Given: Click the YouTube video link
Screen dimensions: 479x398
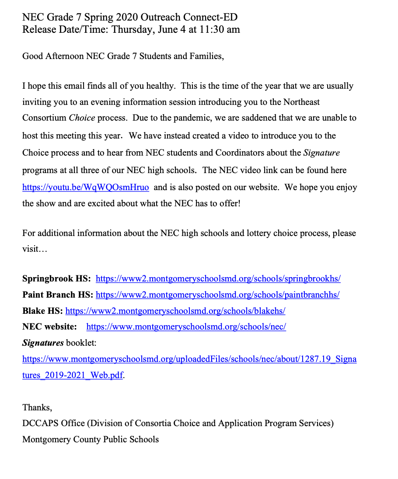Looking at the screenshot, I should (85, 187).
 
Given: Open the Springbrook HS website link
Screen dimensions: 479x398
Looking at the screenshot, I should (218, 279).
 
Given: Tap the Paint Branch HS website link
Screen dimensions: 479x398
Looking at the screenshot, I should (217, 295).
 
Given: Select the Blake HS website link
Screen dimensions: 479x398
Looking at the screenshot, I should (175, 311).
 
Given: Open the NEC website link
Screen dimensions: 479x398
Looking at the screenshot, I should (186, 327).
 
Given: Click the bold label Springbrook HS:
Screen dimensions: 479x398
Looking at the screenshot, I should (56, 279).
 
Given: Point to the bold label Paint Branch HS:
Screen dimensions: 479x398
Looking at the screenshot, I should (57, 295).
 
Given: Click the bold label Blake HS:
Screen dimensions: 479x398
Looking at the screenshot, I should (42, 311).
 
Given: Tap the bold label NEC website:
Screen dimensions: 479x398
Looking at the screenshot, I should (49, 327).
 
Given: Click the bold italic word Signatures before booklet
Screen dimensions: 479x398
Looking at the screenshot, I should (43, 343).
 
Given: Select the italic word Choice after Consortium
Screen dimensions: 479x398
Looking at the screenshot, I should (82, 118).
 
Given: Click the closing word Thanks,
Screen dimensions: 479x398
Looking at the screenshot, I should (37, 407).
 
